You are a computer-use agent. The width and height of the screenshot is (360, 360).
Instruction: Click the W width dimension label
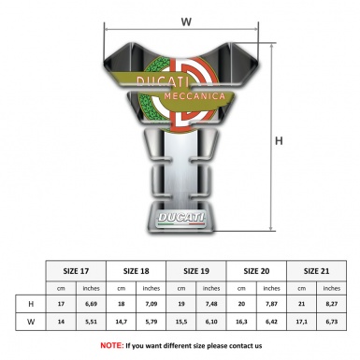pyautogui.click(x=186, y=22)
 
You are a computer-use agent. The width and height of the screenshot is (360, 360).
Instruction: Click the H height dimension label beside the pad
pyautogui.click(x=279, y=141)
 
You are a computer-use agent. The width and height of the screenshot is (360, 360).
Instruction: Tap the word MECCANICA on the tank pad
pyautogui.click(x=194, y=96)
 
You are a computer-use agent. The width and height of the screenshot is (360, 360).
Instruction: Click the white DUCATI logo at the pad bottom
pyautogui.click(x=180, y=218)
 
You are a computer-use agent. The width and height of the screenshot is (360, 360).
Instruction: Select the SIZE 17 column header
pyautogui.click(x=76, y=271)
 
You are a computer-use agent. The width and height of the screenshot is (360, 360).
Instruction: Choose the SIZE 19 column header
pyautogui.click(x=196, y=271)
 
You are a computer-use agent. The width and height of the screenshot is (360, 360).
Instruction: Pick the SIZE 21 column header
pyautogui.click(x=316, y=271)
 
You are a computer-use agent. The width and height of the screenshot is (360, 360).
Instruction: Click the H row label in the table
pyautogui.click(x=31, y=304)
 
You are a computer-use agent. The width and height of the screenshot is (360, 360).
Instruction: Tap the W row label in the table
pyautogui.click(x=31, y=322)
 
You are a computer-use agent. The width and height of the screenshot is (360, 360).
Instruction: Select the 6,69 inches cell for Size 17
pyautogui.click(x=91, y=304)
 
